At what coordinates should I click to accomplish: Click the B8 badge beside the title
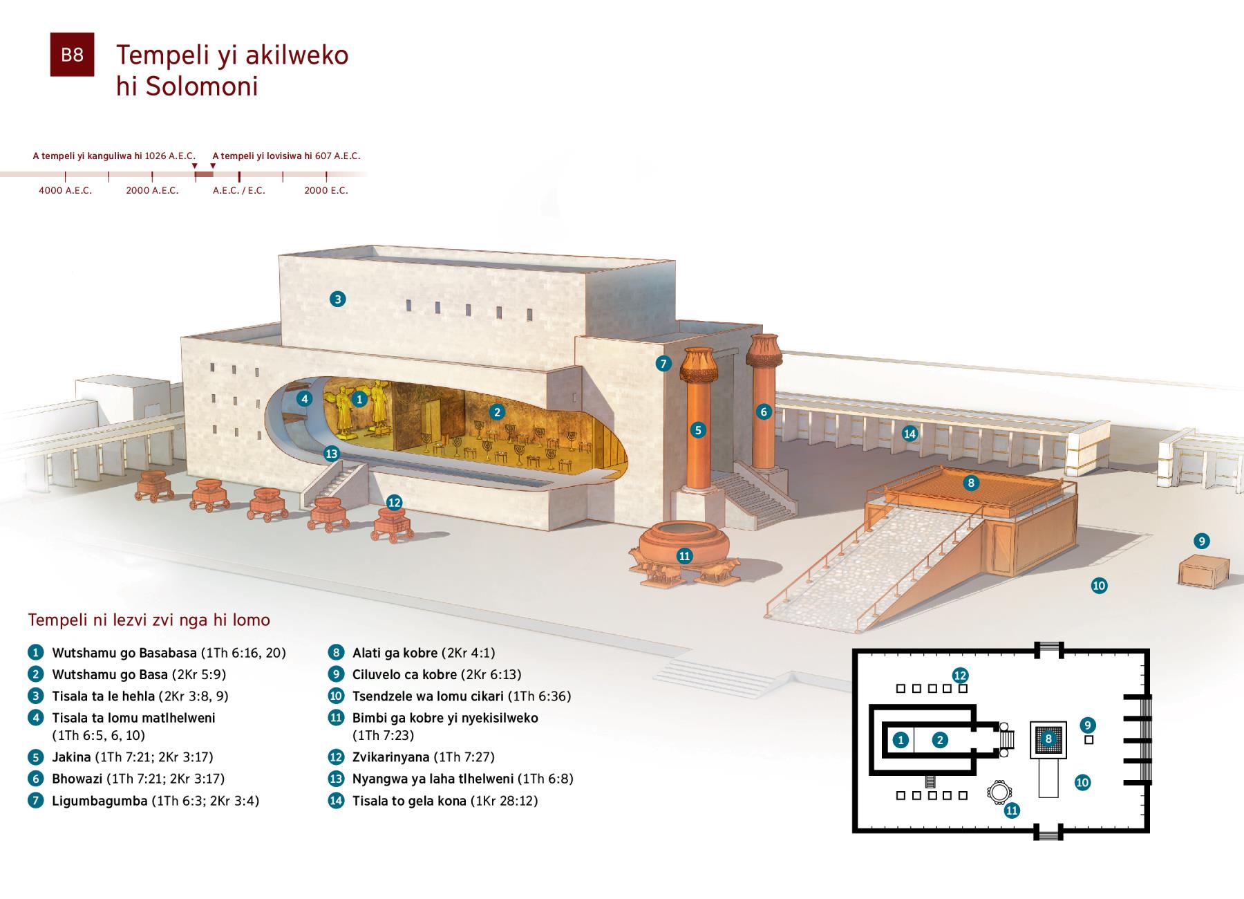[x=72, y=55]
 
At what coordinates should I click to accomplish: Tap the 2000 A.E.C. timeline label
[x=152, y=190]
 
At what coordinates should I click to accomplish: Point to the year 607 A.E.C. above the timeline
[x=338, y=156]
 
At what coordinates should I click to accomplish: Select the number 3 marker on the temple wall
[x=337, y=299]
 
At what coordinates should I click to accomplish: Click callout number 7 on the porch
[x=663, y=364]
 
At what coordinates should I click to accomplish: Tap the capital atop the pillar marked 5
[x=699, y=364]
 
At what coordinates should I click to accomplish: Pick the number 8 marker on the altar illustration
[x=971, y=483]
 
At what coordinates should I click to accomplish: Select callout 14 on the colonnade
[x=910, y=434]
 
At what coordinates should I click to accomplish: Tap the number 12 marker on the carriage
[x=394, y=503]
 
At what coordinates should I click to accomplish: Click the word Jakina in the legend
[x=71, y=757]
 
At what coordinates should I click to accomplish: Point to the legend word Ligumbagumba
[x=100, y=801]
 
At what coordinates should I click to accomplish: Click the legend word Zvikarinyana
[x=390, y=757]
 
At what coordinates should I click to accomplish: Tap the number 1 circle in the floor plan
[x=900, y=740]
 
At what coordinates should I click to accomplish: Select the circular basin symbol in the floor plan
[x=998, y=791]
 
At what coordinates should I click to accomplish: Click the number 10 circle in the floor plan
[x=1082, y=783]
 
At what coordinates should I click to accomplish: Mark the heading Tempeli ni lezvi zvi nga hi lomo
[x=149, y=620]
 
